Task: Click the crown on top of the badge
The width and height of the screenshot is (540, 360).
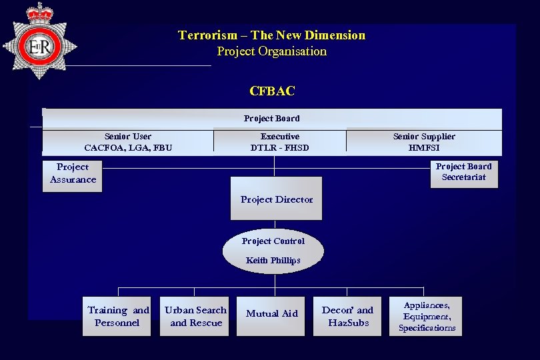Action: click(40, 13)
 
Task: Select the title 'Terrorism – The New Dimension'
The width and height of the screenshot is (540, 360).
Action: click(271, 35)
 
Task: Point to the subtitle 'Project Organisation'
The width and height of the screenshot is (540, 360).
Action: click(271, 51)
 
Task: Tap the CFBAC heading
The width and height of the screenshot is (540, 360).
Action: click(272, 91)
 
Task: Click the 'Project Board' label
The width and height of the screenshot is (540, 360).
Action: click(271, 119)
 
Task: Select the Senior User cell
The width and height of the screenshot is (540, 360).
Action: click(128, 142)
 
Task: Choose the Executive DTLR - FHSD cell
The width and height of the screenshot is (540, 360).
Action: click(279, 142)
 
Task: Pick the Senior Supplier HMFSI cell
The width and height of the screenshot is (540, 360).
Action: click(424, 142)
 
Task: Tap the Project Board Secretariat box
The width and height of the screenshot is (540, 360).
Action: click(463, 174)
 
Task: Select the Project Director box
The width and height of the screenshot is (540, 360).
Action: click(276, 199)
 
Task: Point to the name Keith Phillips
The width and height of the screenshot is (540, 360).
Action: click(273, 261)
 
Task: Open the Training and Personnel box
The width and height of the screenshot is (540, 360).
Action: click(118, 316)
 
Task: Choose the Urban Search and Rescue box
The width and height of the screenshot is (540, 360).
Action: click(195, 316)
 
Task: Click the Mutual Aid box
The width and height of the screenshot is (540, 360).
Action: click(271, 314)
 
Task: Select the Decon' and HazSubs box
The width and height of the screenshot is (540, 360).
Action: click(347, 316)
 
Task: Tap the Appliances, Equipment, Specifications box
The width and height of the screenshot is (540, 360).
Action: click(427, 316)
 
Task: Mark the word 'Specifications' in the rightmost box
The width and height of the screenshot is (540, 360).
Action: click(427, 328)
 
